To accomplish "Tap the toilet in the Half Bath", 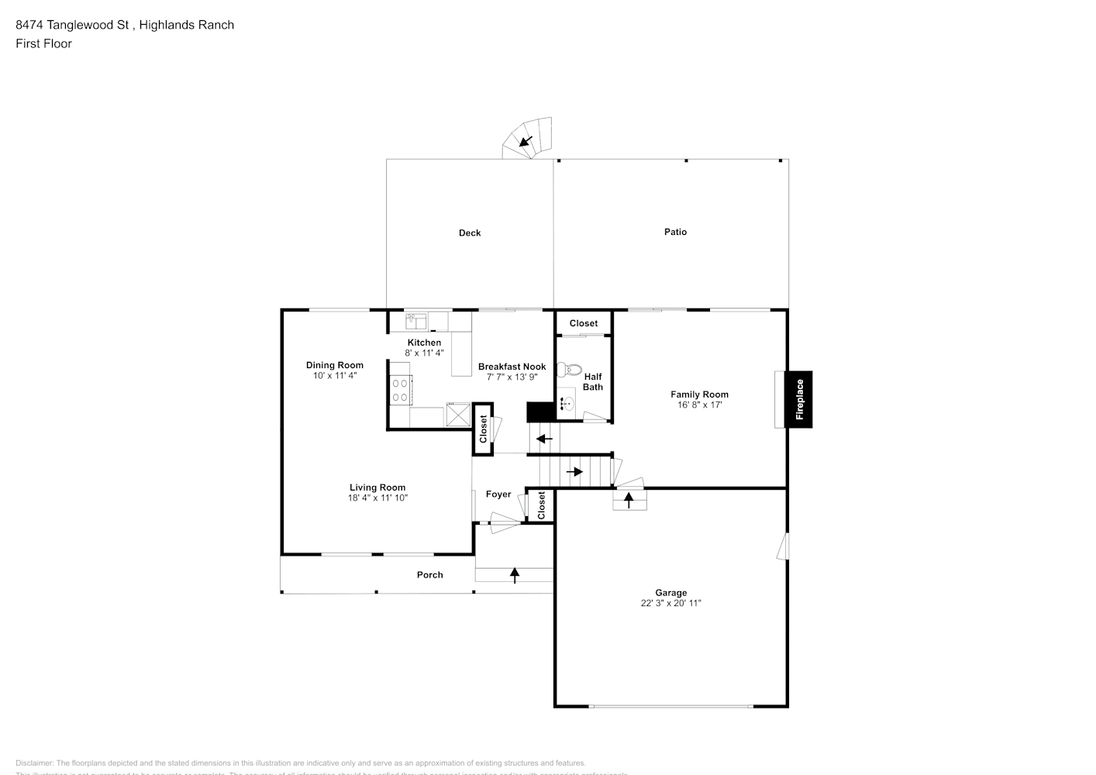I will tap(571, 369).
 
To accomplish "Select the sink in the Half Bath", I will tap(567, 403).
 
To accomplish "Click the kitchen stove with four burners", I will tap(401, 389).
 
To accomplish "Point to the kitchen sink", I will tap(415, 320).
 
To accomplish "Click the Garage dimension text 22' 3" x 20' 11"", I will tap(670, 603).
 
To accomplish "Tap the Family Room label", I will tap(699, 394).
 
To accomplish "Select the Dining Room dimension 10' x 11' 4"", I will tap(334, 375).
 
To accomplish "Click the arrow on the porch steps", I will tap(515, 575).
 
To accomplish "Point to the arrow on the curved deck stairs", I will tap(526, 142).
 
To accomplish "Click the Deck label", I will tap(470, 232).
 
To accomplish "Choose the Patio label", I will tap(675, 232).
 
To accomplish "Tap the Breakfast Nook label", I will tap(512, 367).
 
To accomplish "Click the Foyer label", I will tap(498, 494).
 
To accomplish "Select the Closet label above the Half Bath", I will tap(584, 323).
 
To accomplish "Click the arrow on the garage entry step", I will tap(629, 501).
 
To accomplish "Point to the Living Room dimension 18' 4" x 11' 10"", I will tap(377, 498).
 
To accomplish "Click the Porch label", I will tap(430, 575).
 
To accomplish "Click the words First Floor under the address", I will tap(43, 43).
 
